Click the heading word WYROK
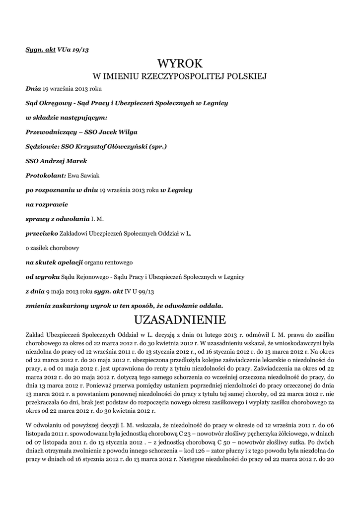(180, 63)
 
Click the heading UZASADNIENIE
(180, 317)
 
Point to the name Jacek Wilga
(118, 132)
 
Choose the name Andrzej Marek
(65, 161)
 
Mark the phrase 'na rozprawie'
(47, 204)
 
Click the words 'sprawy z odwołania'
(57, 218)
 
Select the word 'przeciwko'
(42, 233)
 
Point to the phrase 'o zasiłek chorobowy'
(52, 247)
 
